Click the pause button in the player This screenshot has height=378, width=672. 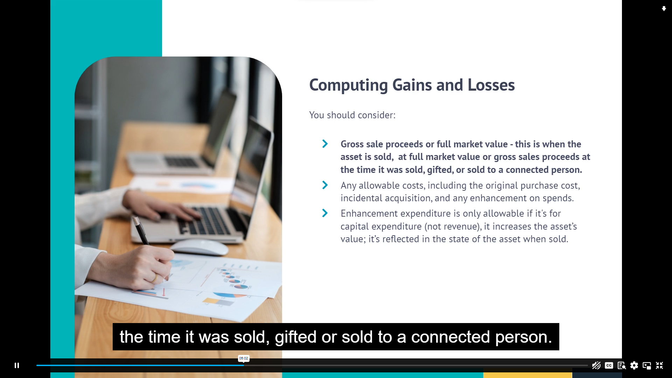16,365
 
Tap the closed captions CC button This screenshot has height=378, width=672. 609,365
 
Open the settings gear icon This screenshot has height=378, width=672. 634,365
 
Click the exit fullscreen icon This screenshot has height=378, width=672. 659,365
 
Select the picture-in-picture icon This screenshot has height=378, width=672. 647,366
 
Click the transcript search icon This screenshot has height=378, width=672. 622,366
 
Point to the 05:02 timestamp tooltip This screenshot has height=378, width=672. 244,358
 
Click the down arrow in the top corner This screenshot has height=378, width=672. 664,9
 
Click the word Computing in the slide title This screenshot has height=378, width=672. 349,85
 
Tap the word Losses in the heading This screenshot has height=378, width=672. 491,85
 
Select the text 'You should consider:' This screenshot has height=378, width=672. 352,115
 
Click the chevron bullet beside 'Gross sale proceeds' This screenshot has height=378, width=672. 325,144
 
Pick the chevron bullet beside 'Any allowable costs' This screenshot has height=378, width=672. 325,185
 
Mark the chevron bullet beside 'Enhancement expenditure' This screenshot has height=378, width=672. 325,213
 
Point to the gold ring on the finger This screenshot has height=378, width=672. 154,278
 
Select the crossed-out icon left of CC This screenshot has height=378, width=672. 596,365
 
